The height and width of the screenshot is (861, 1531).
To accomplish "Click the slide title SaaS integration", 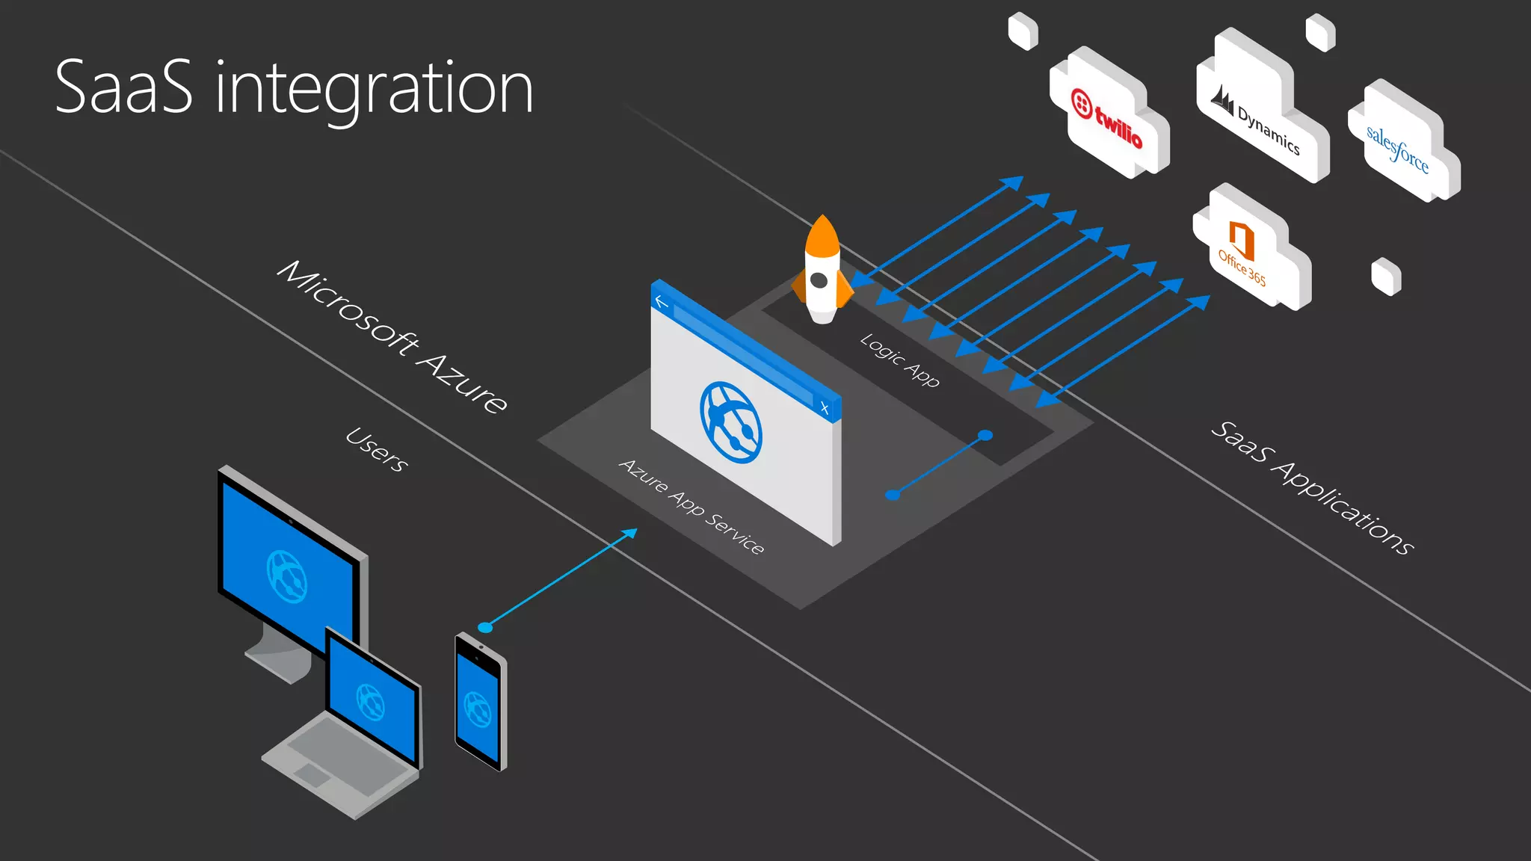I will pos(294,88).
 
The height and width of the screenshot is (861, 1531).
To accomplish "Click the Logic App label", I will pos(899,359).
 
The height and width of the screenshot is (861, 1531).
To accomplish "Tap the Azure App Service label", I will pos(691,506).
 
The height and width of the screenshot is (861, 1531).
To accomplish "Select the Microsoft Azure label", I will pos(392,336).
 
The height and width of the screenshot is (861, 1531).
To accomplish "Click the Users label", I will pos(377,449).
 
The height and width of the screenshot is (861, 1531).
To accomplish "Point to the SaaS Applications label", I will pos(1312,487).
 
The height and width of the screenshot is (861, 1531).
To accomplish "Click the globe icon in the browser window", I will pos(731,422).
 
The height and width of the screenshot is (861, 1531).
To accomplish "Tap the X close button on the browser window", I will pos(825,407).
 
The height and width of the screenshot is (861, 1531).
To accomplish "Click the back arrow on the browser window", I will pos(661,301).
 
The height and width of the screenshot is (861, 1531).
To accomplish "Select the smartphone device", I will pos(480,702).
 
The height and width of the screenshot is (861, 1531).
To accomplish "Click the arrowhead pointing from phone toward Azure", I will pos(629,534).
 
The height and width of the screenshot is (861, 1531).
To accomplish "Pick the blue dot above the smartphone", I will pos(485,627).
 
